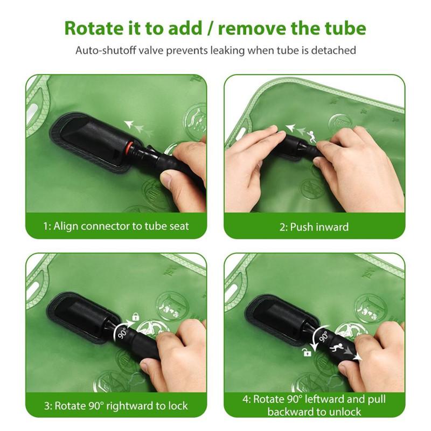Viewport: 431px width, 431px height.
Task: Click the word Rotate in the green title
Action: coord(94,29)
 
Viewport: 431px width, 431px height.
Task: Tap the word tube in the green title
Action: coord(346,29)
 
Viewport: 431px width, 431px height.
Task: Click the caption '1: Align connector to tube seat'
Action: coord(116,226)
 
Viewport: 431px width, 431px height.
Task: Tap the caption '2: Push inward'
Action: coord(314,227)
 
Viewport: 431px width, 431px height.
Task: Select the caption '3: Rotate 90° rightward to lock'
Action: coord(116,406)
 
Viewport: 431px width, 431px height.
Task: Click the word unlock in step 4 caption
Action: coord(345,412)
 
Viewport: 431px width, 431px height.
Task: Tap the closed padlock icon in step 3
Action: coord(136,317)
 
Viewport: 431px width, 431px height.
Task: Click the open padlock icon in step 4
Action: coord(307,352)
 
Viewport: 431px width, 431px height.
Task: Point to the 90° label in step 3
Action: coord(123,333)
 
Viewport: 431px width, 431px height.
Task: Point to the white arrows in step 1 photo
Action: coord(138,128)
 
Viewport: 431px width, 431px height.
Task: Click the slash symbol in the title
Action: coord(210,29)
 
